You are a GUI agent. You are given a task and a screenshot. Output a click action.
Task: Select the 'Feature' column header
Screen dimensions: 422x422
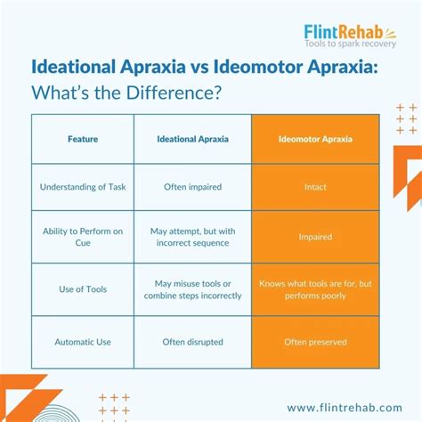83,139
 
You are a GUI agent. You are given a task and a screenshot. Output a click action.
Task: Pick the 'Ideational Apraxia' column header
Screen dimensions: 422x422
192,139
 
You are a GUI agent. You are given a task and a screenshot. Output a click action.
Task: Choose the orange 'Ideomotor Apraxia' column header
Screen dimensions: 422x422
315,139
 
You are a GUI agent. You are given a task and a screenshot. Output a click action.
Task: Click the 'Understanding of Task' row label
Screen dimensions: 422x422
83,187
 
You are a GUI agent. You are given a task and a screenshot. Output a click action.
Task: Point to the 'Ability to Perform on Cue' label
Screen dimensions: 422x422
83,236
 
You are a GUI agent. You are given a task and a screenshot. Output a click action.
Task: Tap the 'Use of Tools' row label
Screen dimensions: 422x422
83,290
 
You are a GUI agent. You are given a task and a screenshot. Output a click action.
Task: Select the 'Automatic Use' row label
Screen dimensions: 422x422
83,341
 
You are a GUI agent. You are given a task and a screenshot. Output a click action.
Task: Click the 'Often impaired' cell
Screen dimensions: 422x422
192,187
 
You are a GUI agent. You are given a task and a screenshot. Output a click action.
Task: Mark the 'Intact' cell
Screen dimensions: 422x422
315,187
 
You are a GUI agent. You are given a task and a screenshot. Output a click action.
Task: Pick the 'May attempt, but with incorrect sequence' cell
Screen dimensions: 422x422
192,236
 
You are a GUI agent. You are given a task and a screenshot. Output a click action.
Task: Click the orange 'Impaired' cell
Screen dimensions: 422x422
315,237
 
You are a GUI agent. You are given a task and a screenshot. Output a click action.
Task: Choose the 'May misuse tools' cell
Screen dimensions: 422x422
192,290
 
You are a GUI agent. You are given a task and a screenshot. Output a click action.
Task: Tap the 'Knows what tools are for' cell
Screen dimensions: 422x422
315,290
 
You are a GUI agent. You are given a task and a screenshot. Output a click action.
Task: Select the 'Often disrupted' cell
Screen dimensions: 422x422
192,341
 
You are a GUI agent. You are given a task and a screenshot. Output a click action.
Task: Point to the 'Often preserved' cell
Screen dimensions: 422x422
315,341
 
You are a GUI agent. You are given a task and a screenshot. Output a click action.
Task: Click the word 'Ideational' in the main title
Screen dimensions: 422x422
81,67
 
